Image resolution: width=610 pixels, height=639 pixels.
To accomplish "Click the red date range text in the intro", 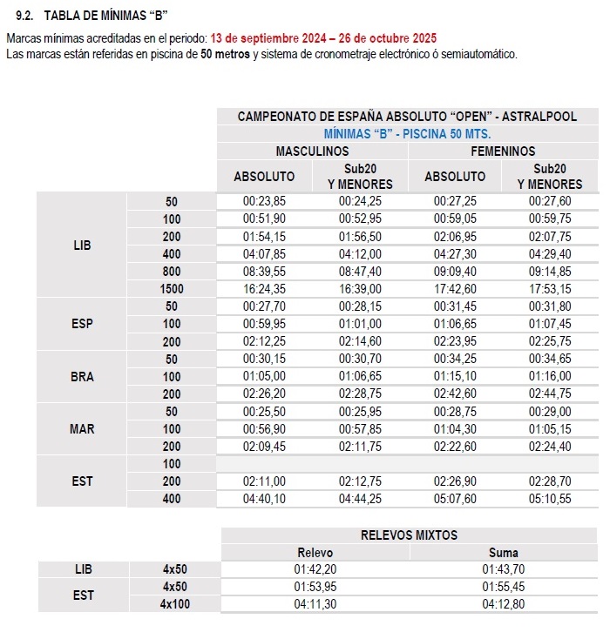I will pyautogui.click(x=323, y=39).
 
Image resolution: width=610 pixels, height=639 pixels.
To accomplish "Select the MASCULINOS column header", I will pyautogui.click(x=312, y=151).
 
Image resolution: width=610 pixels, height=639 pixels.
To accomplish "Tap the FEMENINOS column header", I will pyautogui.click(x=503, y=151).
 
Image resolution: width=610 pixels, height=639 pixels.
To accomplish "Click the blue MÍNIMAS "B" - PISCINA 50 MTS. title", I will pyautogui.click(x=407, y=134).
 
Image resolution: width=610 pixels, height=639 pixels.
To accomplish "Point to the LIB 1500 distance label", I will pyautogui.click(x=172, y=288).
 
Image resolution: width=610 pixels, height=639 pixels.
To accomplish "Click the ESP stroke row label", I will pyautogui.click(x=82, y=324).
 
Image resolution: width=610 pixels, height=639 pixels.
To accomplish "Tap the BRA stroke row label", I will pyautogui.click(x=82, y=377).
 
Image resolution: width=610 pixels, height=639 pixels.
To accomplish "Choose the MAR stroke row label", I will pyautogui.click(x=82, y=429).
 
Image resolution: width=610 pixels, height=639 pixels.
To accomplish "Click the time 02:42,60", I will pyautogui.click(x=455, y=393).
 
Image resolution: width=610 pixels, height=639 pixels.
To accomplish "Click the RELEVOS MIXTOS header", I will pyautogui.click(x=409, y=535).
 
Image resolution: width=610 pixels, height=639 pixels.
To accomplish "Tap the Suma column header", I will pyautogui.click(x=503, y=553).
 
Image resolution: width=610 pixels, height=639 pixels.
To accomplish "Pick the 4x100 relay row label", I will pyautogui.click(x=175, y=604).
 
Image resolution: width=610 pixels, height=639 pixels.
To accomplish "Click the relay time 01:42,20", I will pyautogui.click(x=315, y=569).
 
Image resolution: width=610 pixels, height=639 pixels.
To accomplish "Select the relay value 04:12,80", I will pyautogui.click(x=503, y=604).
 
